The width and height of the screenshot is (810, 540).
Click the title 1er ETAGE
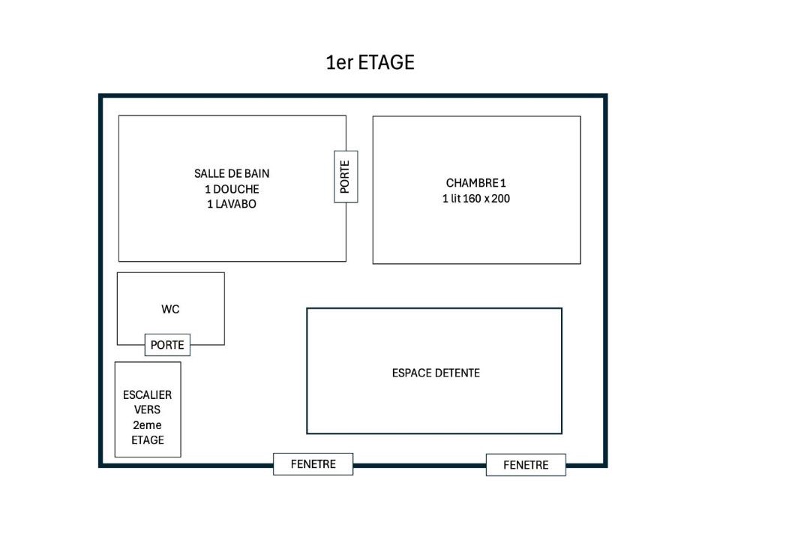click(x=370, y=62)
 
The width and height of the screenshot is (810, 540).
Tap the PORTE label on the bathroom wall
click(x=346, y=177)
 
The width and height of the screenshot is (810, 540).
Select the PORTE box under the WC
click(x=167, y=345)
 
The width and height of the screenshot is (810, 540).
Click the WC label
click(x=170, y=309)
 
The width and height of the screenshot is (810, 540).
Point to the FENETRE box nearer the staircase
click(x=313, y=464)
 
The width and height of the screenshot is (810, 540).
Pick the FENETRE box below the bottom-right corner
click(x=526, y=464)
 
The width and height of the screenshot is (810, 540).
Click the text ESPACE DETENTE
click(x=436, y=373)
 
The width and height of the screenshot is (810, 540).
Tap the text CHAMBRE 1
click(x=475, y=183)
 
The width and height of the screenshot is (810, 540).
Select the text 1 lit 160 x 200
click(x=475, y=199)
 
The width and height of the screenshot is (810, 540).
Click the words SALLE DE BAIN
click(x=232, y=174)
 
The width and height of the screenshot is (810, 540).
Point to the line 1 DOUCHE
click(x=232, y=189)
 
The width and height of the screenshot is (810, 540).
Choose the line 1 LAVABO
click(x=232, y=204)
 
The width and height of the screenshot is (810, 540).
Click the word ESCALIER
click(x=147, y=394)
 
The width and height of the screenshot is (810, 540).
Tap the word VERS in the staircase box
click(x=147, y=409)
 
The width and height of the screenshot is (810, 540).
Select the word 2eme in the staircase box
click(x=147, y=425)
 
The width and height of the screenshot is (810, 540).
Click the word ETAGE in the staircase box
click(x=148, y=440)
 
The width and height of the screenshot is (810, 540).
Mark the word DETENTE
click(x=457, y=373)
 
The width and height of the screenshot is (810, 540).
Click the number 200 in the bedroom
click(x=500, y=199)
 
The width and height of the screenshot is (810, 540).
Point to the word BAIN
click(x=256, y=174)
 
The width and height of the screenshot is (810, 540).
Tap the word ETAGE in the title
click(x=386, y=62)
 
